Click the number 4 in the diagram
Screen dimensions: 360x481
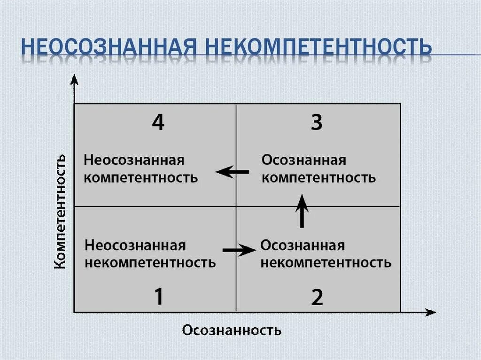tap(158, 123)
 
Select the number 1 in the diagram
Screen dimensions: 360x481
tap(159, 297)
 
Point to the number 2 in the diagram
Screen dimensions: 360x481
tap(318, 297)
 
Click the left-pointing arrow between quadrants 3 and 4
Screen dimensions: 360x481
tap(233, 172)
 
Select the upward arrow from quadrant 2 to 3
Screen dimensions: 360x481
tap(303, 211)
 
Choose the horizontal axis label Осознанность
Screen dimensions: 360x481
tap(232, 330)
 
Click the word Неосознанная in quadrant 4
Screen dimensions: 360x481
tap(134, 161)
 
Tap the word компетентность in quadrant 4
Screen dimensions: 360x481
tap(141, 178)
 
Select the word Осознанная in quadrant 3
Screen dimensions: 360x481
tap(304, 161)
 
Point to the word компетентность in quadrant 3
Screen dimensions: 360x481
tap(318, 178)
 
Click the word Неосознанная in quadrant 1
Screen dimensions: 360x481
tap(135, 245)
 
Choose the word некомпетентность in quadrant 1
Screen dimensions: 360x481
tap(150, 262)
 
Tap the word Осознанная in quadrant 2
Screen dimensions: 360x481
tap(303, 245)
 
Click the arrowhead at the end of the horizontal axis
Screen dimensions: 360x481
tap(430, 312)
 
